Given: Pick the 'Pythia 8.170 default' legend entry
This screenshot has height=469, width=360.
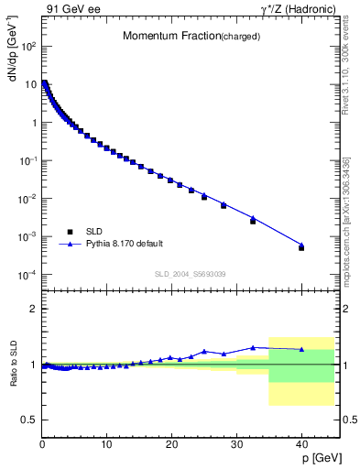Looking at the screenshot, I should tap(125, 244).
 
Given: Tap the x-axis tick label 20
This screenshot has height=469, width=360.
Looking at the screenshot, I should tap(171, 444).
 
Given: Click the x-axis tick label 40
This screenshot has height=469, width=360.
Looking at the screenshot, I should tap(301, 444).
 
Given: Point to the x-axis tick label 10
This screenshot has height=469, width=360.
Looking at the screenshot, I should tap(106, 444).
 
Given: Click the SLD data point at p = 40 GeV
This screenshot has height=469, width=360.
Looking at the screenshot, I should tap(301, 248).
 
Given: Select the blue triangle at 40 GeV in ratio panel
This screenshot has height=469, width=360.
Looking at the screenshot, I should tap(301, 349).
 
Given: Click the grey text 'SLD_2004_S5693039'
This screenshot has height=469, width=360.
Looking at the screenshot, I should tap(190, 274).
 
